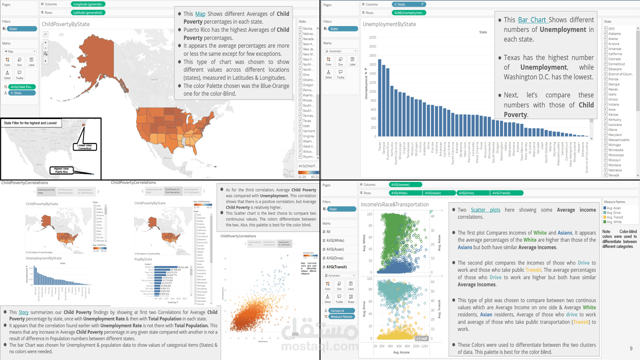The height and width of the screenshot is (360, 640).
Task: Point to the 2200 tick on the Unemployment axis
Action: click(372, 37)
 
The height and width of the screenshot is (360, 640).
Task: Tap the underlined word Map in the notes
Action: click(200, 14)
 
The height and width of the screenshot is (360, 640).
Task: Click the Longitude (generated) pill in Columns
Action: click(88, 4)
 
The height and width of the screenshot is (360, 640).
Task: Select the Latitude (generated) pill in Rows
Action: click(88, 12)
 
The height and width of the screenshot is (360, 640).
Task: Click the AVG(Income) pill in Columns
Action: click(402, 185)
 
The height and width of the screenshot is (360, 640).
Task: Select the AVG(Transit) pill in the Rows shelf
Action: click(507, 193)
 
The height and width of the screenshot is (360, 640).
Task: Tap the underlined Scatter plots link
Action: click(485, 210)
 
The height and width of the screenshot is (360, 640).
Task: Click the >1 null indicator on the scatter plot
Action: click(421, 338)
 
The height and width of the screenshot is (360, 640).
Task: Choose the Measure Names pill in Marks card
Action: click(341, 316)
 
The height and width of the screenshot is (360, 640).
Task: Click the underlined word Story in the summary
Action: click(23, 312)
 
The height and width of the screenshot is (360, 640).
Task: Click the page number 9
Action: click(631, 348)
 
